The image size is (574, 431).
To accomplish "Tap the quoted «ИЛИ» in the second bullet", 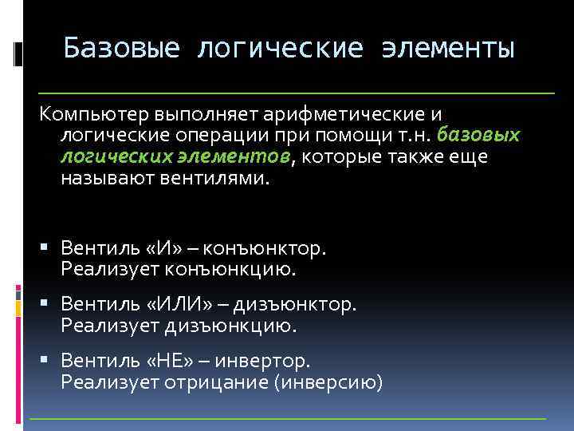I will pos(168,305).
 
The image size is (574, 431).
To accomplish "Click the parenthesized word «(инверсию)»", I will pos(328,383).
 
